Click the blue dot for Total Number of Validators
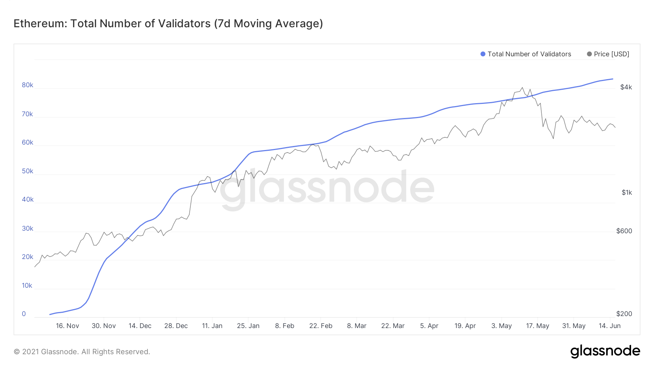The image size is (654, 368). coord(483,54)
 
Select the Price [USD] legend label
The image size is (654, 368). coord(611,54)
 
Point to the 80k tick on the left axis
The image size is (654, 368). coord(27,85)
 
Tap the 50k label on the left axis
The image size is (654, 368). coord(27,171)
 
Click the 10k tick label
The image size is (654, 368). coord(27,286)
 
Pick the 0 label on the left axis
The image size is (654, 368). coord(24,314)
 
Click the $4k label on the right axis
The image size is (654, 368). coord(626,87)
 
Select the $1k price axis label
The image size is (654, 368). coord(627,193)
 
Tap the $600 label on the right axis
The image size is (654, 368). coord(624,231)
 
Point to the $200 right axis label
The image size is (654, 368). coord(624,314)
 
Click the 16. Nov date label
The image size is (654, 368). coord(67,326)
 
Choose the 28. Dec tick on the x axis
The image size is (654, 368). coord(176,326)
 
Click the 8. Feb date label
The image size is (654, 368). coord(284,326)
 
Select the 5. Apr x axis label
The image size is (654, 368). coord(429,326)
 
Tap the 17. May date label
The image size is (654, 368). coord(537,326)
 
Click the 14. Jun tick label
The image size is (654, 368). coord(609,326)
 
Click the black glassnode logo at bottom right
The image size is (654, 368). coord(605,351)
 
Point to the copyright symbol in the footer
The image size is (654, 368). coord(17,352)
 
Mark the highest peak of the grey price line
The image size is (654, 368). coord(522,88)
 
